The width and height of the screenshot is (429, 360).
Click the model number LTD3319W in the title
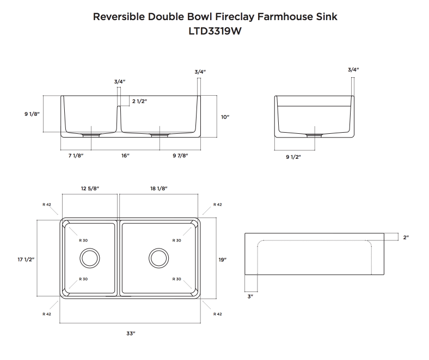pos(214,32)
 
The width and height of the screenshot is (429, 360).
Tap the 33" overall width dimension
pos(131,333)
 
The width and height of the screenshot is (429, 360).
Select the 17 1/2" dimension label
pos(26,260)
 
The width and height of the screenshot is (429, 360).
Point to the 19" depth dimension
pos(222,260)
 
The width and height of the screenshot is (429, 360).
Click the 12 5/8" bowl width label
pos(90,188)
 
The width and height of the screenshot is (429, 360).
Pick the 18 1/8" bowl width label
pos(158,188)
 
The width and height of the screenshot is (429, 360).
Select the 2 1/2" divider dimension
pos(139,101)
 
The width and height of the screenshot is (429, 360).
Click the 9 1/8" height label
pos(32,114)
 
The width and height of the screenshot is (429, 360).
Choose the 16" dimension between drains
pos(125,156)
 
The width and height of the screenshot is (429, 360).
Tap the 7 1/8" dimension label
pos(76,156)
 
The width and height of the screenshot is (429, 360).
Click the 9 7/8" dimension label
pos(180,156)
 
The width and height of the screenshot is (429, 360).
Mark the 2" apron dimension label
pos(406,237)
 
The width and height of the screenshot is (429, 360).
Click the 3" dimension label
pos(250,296)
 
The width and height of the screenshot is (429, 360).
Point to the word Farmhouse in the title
pos(287,16)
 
